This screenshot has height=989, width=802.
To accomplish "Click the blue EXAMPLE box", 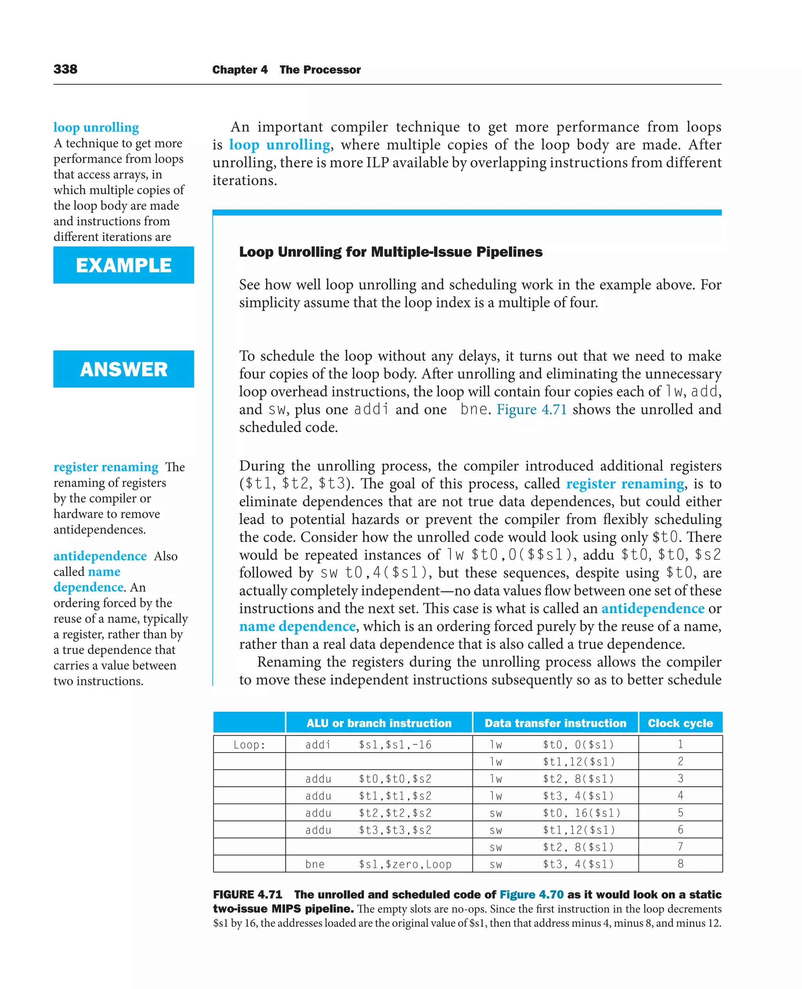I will coord(123,265).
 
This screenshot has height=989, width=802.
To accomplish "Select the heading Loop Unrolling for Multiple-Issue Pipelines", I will coord(390,252).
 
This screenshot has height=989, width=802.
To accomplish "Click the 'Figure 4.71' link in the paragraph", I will coord(531,409).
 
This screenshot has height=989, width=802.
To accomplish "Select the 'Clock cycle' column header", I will coord(680,723).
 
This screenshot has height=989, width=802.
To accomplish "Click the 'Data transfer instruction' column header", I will coord(555,723).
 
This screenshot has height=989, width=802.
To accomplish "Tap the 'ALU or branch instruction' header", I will coord(379,723).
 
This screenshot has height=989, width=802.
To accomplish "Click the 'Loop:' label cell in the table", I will coord(249,745).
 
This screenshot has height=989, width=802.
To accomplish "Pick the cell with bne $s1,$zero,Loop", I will coord(378,864).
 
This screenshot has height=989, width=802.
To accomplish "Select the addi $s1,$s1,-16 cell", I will coord(368,745).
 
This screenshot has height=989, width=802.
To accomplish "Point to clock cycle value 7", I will coord(680,847).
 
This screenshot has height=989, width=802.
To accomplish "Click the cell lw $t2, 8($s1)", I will coord(552,779).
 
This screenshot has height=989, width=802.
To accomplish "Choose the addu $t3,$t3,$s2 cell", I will coord(368,830).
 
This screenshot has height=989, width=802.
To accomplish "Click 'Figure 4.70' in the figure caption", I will coord(531,895).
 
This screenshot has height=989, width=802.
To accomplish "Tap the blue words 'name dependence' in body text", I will coord(297,626).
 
